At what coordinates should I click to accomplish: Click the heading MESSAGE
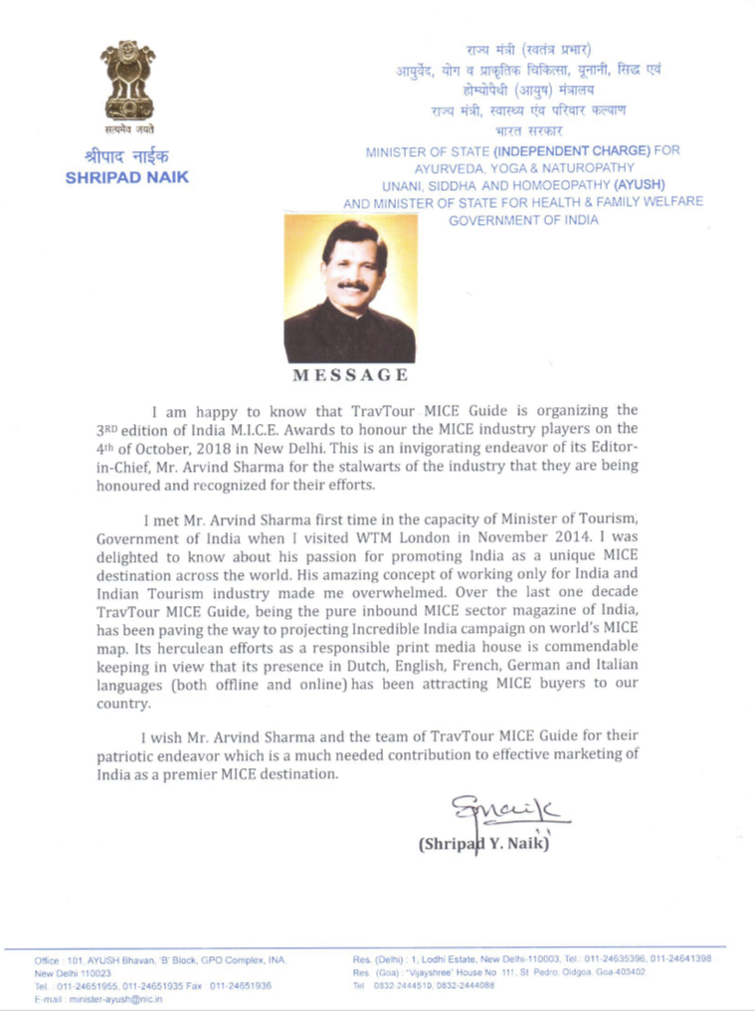[349, 375]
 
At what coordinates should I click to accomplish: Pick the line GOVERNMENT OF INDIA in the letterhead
[523, 219]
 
